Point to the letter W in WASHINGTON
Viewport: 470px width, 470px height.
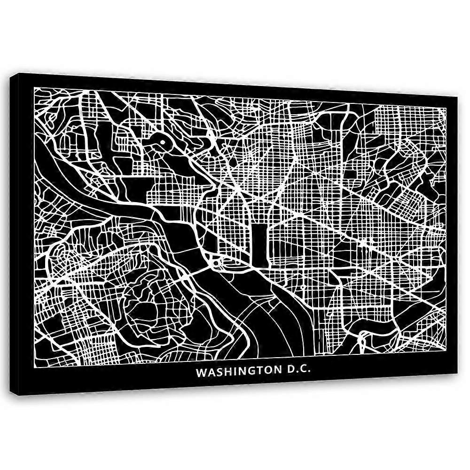(x=201, y=372)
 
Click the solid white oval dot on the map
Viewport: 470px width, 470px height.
(x=162, y=140)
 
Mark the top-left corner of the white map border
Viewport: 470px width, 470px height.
(x=35, y=87)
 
